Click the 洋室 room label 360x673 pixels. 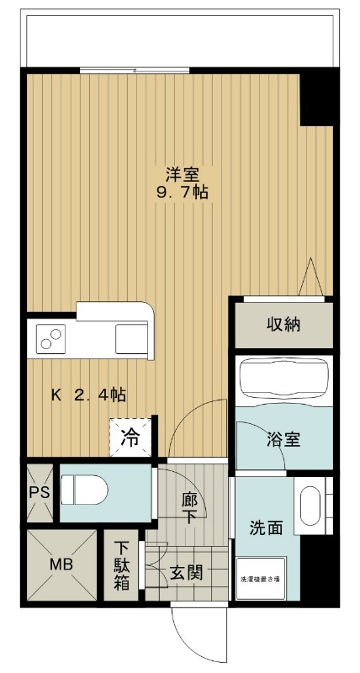tap(181, 175)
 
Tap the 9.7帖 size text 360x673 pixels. tap(181, 193)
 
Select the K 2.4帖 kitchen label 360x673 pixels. tap(89, 394)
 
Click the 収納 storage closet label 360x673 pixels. tap(284, 324)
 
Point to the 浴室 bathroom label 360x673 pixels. tap(284, 439)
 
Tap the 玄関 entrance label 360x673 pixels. tap(185, 573)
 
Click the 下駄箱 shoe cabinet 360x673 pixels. tap(122, 565)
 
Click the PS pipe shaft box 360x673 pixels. tap(38, 492)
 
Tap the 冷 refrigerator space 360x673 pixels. tap(131, 437)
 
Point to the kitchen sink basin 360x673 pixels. tap(131, 339)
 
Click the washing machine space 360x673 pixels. tap(267, 579)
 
